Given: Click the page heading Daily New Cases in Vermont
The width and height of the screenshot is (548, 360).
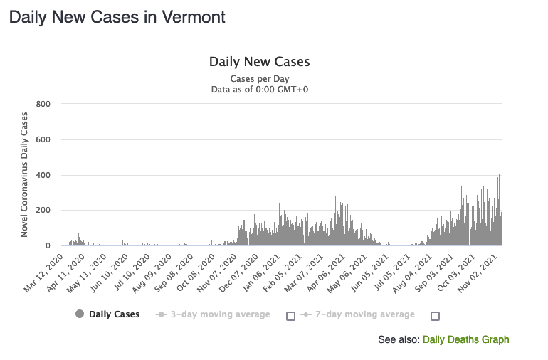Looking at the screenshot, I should coord(117,17).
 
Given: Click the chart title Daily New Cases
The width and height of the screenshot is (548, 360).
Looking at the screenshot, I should coord(259,62).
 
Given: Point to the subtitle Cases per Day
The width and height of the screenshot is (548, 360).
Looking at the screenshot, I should coord(260,78).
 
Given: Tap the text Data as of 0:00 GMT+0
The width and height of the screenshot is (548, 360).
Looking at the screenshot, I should coord(260,90).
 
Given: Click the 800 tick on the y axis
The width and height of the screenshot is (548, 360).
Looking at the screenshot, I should coord(43,105).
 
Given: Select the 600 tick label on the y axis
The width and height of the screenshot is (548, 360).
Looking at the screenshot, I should coord(43,140).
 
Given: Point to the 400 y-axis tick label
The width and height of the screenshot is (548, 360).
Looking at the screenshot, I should coord(43,175).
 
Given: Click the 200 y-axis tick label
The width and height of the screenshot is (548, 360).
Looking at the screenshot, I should coord(43,211).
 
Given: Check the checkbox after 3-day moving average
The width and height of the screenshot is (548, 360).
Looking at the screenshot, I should coord(290,316).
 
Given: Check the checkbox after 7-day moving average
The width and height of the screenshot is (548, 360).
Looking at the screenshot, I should coord(435,316).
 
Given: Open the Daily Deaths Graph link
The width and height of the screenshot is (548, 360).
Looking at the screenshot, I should coord(465,339).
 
